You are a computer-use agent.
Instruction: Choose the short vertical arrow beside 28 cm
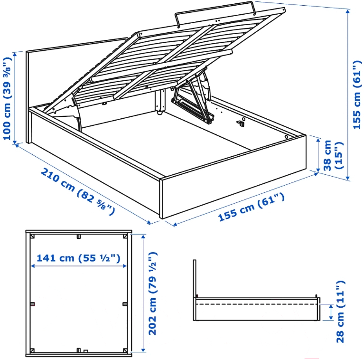tap(330, 312)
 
